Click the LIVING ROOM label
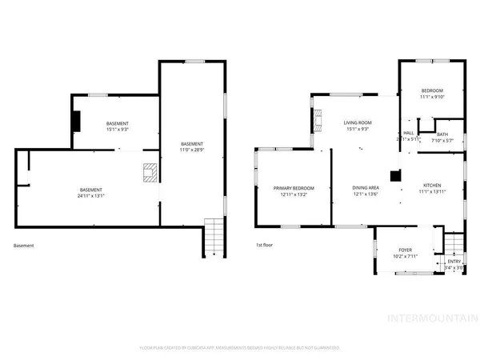(356, 122)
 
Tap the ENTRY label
(454, 262)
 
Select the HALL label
(408, 133)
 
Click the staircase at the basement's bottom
(214, 238)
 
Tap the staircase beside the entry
(454, 242)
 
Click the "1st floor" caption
(265, 245)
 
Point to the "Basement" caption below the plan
(24, 246)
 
